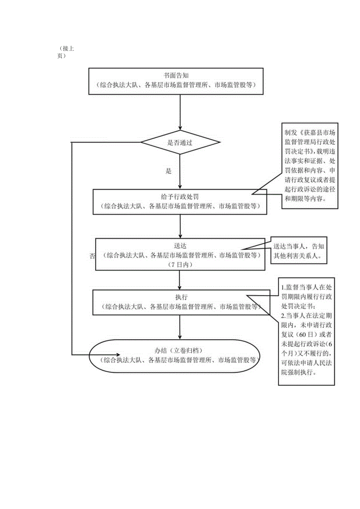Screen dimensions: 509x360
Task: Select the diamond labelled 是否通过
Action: (x=180, y=143)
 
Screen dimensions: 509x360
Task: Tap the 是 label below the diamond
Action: (x=169, y=171)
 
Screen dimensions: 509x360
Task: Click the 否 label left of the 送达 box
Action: (x=92, y=256)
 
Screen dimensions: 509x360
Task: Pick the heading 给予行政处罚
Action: (x=180, y=197)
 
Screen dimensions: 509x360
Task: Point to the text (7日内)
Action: (x=180, y=265)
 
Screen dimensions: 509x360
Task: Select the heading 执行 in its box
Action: (x=180, y=297)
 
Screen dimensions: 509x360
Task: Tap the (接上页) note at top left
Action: (x=66, y=52)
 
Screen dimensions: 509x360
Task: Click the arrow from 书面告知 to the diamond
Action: (x=180, y=112)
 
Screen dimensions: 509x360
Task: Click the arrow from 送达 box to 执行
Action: (x=180, y=280)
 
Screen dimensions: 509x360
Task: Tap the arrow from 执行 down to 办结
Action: (x=180, y=327)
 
